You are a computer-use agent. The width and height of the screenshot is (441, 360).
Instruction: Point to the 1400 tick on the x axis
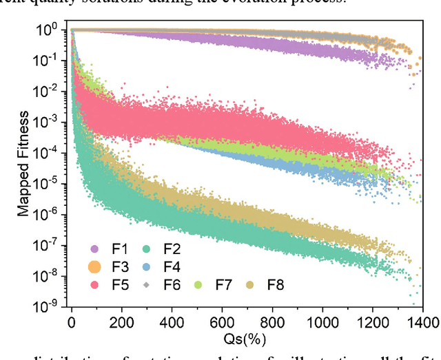coord(424,321)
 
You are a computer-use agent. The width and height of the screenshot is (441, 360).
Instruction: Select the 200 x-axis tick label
coord(122,321)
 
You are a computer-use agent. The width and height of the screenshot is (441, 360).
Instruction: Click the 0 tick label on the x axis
coord(72,321)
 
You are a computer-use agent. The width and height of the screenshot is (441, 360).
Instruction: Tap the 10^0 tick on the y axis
coord(50,30)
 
